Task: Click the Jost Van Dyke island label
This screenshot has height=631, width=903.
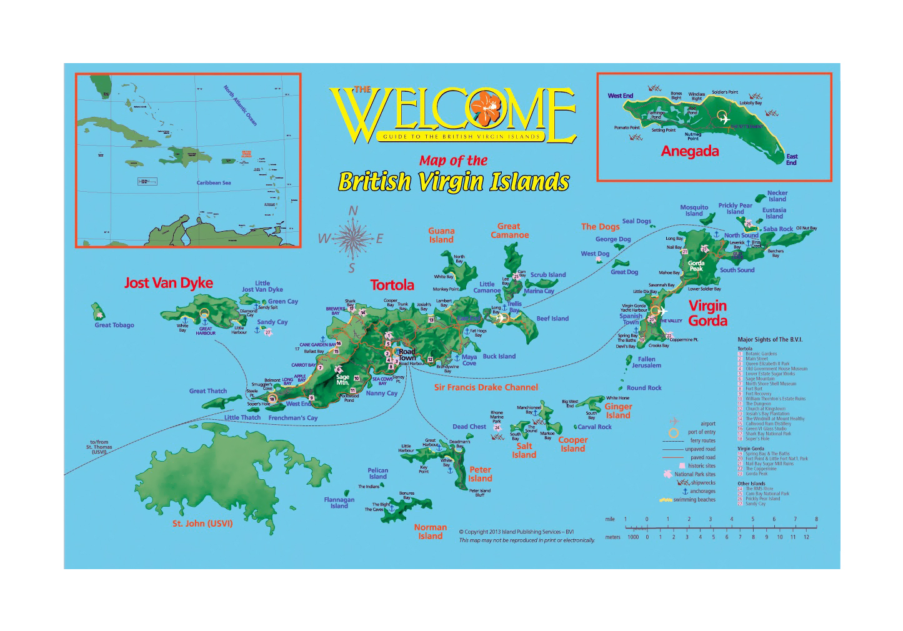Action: (169, 283)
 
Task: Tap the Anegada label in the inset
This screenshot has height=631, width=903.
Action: (690, 151)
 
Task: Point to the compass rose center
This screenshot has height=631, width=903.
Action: (353, 238)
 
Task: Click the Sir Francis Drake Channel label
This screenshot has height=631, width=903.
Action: (486, 387)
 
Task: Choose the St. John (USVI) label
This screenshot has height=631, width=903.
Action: (202, 524)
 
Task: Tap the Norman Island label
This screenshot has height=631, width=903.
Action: (430, 532)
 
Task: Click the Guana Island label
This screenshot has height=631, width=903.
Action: (441, 236)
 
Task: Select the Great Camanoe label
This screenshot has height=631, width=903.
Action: (509, 231)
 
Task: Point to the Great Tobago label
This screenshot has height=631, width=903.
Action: (114, 325)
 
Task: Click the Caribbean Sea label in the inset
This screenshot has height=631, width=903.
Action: (214, 183)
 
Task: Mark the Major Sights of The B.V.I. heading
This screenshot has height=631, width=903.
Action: (770, 340)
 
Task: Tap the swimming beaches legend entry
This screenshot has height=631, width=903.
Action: (694, 500)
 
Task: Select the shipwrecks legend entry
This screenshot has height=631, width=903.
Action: (702, 483)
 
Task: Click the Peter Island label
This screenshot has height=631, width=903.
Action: (480, 474)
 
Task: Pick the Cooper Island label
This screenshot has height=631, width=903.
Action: (572, 444)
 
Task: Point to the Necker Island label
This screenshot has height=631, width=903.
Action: (777, 196)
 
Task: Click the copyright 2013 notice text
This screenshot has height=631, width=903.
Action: (516, 532)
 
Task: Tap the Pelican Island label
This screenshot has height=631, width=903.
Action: (377, 474)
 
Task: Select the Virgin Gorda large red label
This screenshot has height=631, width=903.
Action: (707, 313)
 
